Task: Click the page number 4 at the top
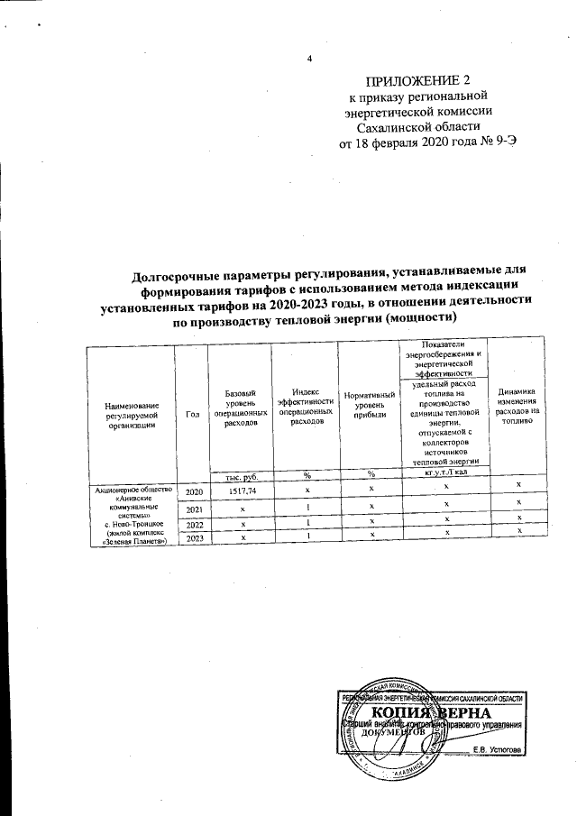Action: (x=309, y=60)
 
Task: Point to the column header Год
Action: (x=192, y=413)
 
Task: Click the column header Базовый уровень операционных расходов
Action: (x=239, y=408)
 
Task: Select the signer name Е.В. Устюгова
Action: (x=503, y=750)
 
